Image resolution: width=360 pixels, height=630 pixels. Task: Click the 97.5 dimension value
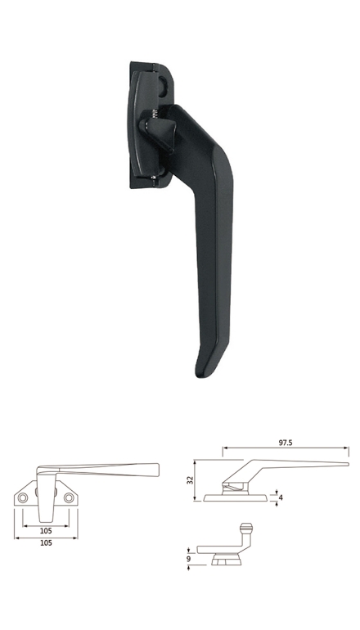[286, 443]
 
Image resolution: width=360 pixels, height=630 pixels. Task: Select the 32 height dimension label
[191, 480]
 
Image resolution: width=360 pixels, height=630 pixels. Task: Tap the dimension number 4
[281, 497]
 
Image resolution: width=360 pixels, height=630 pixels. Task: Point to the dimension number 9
[189, 559]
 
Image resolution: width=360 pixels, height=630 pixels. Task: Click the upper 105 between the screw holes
[46, 531]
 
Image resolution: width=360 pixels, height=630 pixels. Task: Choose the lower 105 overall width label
[46, 542]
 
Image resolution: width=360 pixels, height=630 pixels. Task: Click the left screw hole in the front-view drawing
[23, 497]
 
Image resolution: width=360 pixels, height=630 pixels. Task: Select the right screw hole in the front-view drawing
[69, 497]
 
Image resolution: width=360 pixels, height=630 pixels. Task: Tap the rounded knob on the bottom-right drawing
[246, 527]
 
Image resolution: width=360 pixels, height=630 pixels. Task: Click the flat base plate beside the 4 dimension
[236, 498]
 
